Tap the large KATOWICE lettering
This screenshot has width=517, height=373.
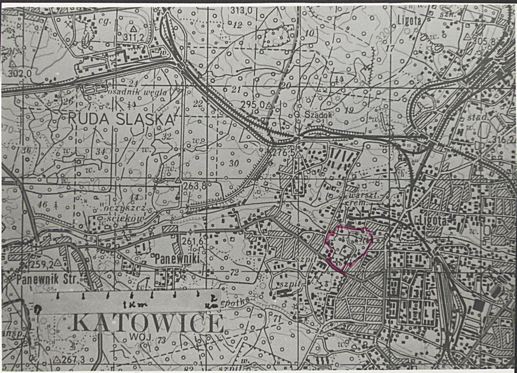pyautogui.click(x=148, y=324)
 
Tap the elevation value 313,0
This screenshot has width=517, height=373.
pyautogui.click(x=241, y=11)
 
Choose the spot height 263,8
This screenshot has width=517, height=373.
pyautogui.click(x=193, y=186)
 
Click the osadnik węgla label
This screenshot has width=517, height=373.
pyautogui.click(x=144, y=92)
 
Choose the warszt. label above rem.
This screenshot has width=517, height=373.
pyautogui.click(x=359, y=194)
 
